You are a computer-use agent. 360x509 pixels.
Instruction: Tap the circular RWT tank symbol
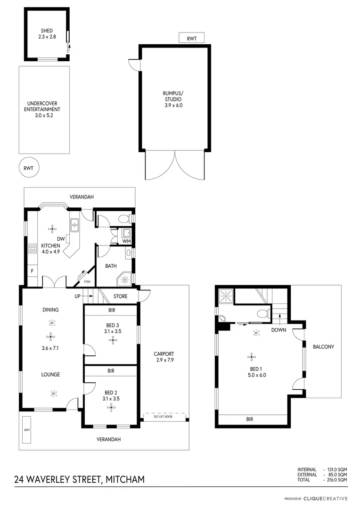click(x=29, y=167)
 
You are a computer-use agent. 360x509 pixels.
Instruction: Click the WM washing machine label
click(x=126, y=242)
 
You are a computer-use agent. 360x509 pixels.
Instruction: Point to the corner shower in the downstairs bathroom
click(x=125, y=279)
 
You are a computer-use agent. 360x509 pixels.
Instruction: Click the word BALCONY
click(x=323, y=347)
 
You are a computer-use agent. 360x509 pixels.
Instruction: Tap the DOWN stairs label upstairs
click(x=278, y=330)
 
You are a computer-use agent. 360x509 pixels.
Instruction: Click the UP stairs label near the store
click(x=78, y=296)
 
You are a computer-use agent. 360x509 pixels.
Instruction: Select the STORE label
click(x=120, y=296)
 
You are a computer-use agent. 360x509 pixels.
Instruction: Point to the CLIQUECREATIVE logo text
click(x=325, y=498)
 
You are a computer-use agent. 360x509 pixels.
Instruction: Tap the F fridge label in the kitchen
click(x=32, y=271)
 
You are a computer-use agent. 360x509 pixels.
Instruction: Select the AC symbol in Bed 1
click(x=257, y=333)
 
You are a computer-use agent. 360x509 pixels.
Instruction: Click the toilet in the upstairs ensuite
click(x=262, y=313)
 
